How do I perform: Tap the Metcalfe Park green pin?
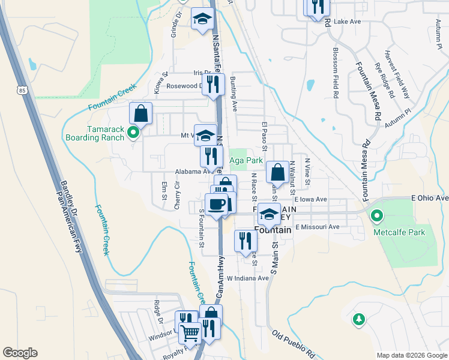[x=377, y=215]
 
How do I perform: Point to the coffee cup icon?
[x=217, y=203]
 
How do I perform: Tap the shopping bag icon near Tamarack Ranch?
[x=140, y=112]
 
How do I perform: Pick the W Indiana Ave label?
[x=247, y=278]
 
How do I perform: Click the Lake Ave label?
[x=347, y=22]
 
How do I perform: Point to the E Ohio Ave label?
[x=430, y=198]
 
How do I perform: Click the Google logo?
[x=20, y=353]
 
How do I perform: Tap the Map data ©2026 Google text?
[x=411, y=355]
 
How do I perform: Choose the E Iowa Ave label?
[x=310, y=199]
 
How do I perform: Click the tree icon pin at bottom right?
[x=359, y=319]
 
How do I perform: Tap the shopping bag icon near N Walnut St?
[x=277, y=172]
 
